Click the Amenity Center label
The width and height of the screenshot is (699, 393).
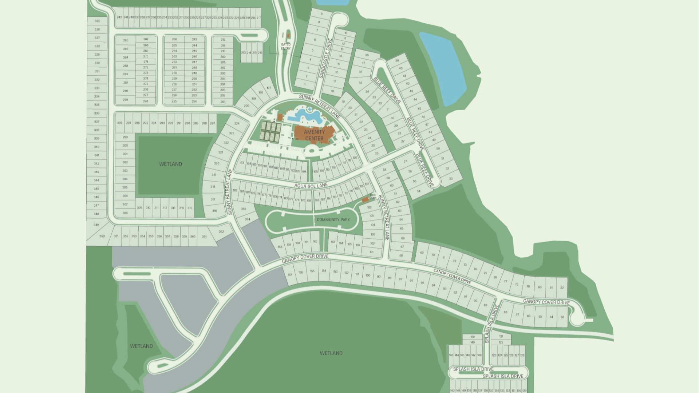pos(314,135)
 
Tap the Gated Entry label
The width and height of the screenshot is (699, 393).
pos(286,46)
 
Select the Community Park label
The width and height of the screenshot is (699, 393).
pos(333,220)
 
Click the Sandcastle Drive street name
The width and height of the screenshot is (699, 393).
pos(326,58)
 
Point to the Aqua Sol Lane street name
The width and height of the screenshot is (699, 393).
pos(311,186)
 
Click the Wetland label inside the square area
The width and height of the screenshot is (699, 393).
pos(170,164)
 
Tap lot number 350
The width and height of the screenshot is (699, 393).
pos(102,236)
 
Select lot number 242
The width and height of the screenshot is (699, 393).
pos(119,17)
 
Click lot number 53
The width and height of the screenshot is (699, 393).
pos(451,179)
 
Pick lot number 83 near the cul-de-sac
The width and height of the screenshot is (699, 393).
pos(562,317)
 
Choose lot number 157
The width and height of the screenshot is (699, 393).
pos(290,275)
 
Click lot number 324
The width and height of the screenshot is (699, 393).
pos(237,124)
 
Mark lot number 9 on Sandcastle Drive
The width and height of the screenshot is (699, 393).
pos(321,14)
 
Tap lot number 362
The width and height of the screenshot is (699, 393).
pos(221,232)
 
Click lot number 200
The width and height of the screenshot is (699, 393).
pos(246,106)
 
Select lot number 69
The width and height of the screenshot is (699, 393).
pos(422,253)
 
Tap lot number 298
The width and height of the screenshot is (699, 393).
pos(120,123)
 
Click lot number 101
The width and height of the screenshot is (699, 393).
pos(371,252)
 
